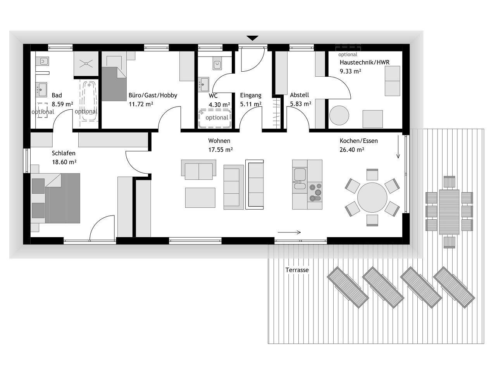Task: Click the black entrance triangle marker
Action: point(252,38)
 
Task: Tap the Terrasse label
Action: point(297,270)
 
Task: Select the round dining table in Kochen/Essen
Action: point(372,197)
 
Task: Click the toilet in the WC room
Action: point(217,64)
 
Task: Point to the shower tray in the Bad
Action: point(86,64)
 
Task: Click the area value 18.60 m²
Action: point(64,162)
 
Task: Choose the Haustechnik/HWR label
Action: point(365,62)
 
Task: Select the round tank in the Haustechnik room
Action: point(339,115)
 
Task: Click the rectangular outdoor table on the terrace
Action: point(449,212)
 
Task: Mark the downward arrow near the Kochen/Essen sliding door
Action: point(398,147)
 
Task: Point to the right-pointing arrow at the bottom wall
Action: point(289,232)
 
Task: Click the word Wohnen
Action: point(219,141)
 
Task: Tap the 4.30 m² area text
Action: point(219,105)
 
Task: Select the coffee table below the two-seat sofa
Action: point(200,198)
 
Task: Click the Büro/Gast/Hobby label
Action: point(153,95)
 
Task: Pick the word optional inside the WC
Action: point(217,118)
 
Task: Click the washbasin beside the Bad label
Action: point(41,90)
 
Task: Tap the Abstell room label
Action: point(300,95)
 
